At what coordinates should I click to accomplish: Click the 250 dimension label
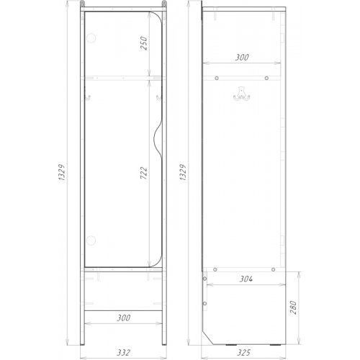tap(143, 43)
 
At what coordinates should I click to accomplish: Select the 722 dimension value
tap(143, 173)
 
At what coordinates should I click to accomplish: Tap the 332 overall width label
tap(124, 352)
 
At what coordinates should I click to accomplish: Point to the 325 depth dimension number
tap(243, 352)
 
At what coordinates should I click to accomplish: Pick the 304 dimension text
tap(246, 279)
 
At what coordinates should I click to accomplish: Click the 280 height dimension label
tap(293, 307)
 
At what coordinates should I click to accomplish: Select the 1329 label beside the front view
tap(62, 173)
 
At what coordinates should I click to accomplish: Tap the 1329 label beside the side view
tap(183, 173)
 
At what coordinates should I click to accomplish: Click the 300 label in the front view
tap(124, 318)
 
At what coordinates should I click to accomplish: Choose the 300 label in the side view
tap(242, 58)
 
